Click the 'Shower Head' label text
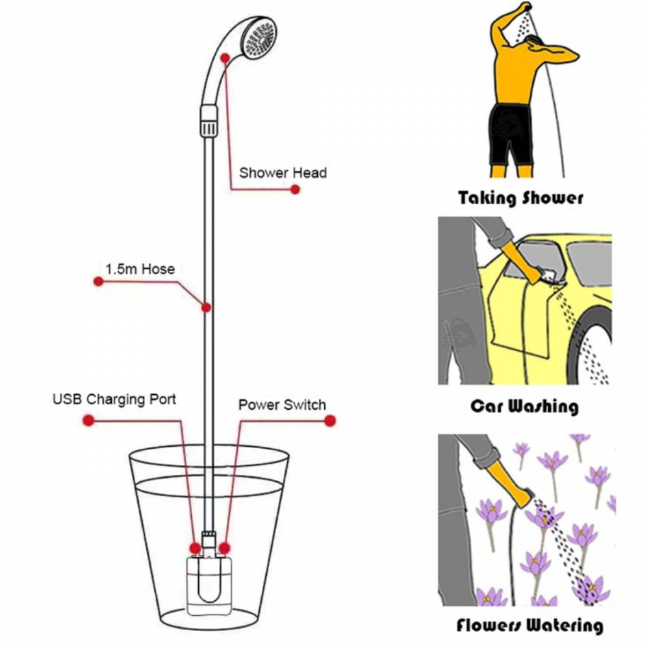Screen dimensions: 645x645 [x=283, y=173]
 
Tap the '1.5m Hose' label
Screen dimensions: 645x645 [x=140, y=269]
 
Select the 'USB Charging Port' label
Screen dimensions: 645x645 [x=114, y=399]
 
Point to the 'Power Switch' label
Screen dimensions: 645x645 [x=282, y=405]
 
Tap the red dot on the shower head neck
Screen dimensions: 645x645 [x=225, y=58]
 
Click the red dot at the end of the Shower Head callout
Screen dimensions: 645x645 [x=295, y=189]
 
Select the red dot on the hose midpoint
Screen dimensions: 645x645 [x=206, y=308]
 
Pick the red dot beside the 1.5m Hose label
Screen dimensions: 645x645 [x=98, y=281]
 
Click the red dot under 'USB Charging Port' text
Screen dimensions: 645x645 [x=88, y=420]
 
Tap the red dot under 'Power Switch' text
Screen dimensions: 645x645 [x=330, y=420]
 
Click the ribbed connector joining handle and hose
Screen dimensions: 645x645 [x=208, y=120]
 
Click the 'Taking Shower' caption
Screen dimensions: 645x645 [x=520, y=198]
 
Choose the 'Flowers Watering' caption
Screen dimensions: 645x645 [x=530, y=626]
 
